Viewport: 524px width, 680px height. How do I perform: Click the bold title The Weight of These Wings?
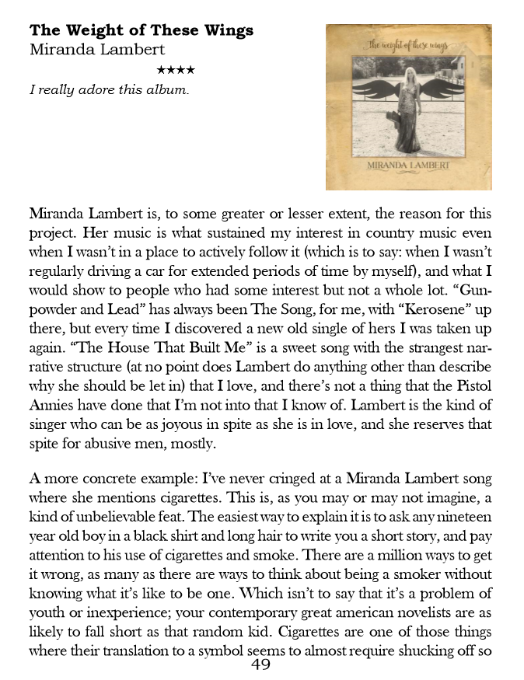(x=141, y=31)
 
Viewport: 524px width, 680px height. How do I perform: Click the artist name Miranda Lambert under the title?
(x=97, y=50)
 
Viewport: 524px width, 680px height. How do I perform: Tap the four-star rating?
(x=176, y=71)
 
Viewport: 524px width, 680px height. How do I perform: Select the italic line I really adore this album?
(x=109, y=90)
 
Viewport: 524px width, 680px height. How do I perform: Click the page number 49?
(x=261, y=664)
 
